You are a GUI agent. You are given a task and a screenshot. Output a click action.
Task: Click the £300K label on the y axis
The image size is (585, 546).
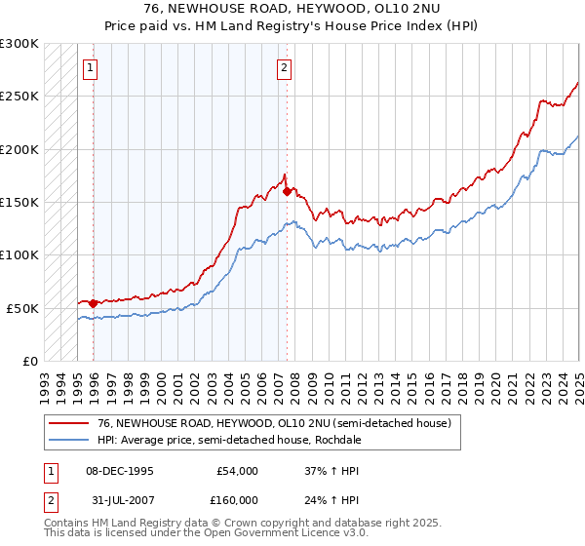coord(19,44)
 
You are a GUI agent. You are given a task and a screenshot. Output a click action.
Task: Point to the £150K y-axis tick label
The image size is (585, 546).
coord(19,202)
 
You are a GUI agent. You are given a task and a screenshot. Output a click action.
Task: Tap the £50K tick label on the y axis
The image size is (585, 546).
coord(23,308)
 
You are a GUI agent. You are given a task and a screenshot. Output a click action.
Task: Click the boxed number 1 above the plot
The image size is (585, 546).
coord(90,68)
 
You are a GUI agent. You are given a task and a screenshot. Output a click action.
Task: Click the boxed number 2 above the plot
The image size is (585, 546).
coord(283,68)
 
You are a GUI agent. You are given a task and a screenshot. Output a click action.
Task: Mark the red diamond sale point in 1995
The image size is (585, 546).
coord(93,303)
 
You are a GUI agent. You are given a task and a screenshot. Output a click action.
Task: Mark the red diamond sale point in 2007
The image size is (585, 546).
coord(287,191)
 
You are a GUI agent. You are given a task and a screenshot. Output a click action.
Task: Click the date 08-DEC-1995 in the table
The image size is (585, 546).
coord(119,471)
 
